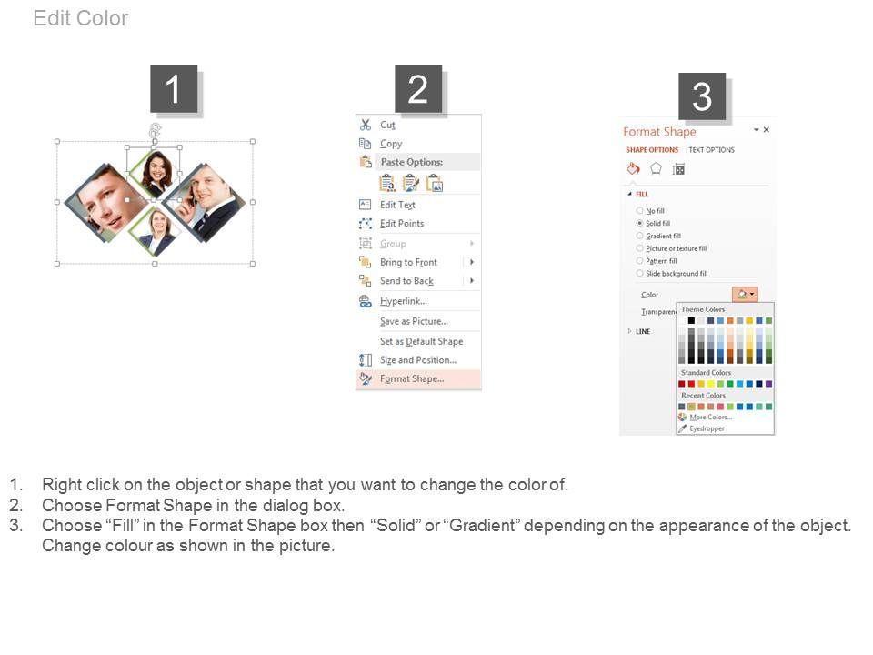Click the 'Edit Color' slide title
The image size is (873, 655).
[81, 18]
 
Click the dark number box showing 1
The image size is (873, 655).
[174, 89]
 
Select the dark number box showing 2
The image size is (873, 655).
[418, 89]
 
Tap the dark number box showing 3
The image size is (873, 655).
[702, 96]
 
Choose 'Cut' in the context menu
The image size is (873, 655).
[387, 125]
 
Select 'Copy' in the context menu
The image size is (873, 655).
[391, 144]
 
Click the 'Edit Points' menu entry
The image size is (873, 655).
[402, 224]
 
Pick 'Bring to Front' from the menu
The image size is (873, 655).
[408, 262]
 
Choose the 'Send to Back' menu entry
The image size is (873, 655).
[407, 281]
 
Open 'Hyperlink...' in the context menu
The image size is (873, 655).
[404, 301]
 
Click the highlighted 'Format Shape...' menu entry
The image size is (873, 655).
[412, 378]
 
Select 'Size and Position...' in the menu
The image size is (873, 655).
[418, 360]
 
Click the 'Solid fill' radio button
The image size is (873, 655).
[639, 223]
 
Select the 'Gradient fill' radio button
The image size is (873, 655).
[639, 236]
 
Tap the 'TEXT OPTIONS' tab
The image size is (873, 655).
[711, 150]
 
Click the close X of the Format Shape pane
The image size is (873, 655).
[766, 130]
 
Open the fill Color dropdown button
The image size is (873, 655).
[745, 294]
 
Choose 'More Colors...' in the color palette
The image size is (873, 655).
[710, 418]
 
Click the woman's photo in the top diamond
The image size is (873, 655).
[156, 173]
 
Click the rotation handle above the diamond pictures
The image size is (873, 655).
[155, 130]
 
